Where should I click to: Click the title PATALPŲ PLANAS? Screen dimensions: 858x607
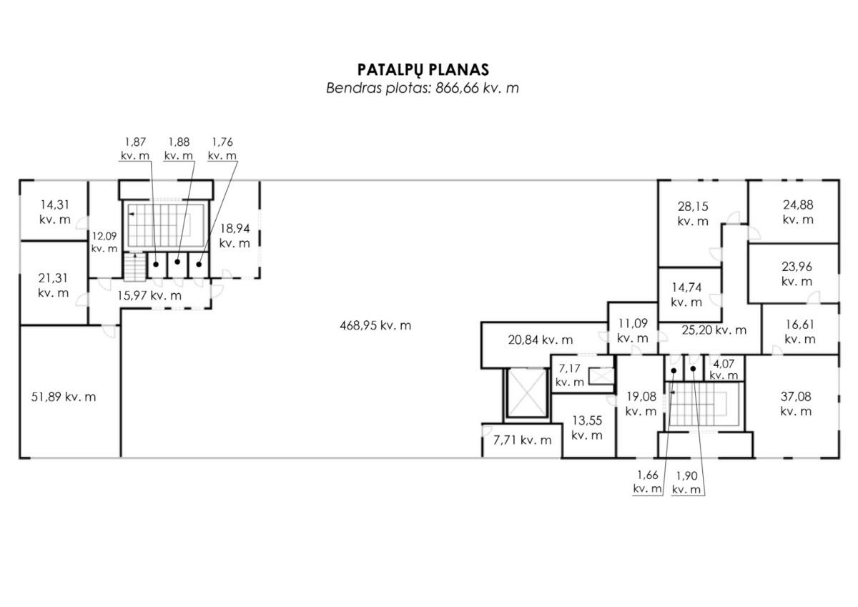point(423,69)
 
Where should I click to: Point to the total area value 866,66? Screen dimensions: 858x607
point(458,88)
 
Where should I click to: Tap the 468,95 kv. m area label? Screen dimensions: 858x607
point(375,325)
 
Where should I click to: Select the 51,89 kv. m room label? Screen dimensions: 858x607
point(64,397)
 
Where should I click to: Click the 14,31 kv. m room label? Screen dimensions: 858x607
point(55,212)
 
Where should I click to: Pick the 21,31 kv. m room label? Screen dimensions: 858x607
point(53,285)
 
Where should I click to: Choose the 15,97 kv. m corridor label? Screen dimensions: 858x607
point(149,296)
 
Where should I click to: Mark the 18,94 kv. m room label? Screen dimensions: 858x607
point(235,236)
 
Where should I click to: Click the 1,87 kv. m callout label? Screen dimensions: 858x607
point(135,149)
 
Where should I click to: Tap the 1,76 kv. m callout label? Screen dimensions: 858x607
point(222,149)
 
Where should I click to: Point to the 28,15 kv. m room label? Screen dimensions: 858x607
point(693,214)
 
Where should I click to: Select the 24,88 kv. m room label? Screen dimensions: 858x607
point(798,212)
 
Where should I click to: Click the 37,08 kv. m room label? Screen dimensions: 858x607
point(796,404)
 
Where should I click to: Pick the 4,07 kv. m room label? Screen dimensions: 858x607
point(724,370)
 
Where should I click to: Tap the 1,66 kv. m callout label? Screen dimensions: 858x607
point(647,482)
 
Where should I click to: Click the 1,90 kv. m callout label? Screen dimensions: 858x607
point(686,483)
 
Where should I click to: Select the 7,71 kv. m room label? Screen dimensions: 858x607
point(523,440)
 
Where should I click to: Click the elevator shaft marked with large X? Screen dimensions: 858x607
point(527,393)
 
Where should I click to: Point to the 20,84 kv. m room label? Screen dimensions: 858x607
point(541,340)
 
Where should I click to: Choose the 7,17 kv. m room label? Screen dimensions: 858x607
point(570,375)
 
